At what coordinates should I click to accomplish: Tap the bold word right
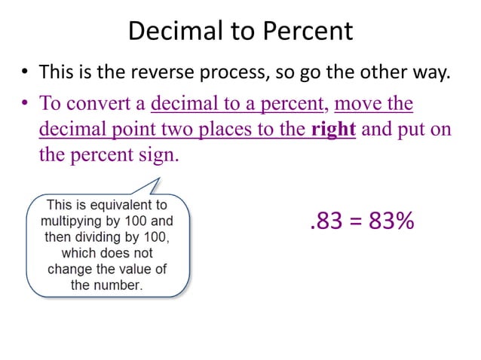(x=332, y=129)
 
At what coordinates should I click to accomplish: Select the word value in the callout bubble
(x=148, y=269)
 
